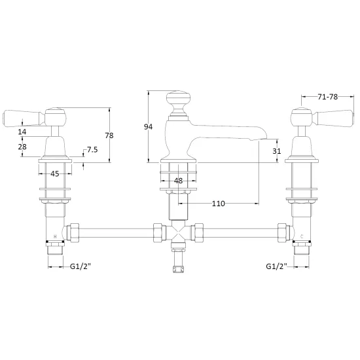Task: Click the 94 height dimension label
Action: coord(148,126)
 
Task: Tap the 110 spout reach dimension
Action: coord(218,204)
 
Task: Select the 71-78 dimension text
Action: coord(328,97)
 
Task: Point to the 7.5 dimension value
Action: coord(92,150)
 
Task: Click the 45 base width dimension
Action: coord(54,174)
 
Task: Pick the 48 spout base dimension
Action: coord(178,181)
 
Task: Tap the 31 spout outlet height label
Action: coord(276,151)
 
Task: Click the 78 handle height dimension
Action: coord(109,135)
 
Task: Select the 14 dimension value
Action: coord(22,132)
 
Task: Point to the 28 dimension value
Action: coord(22,147)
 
